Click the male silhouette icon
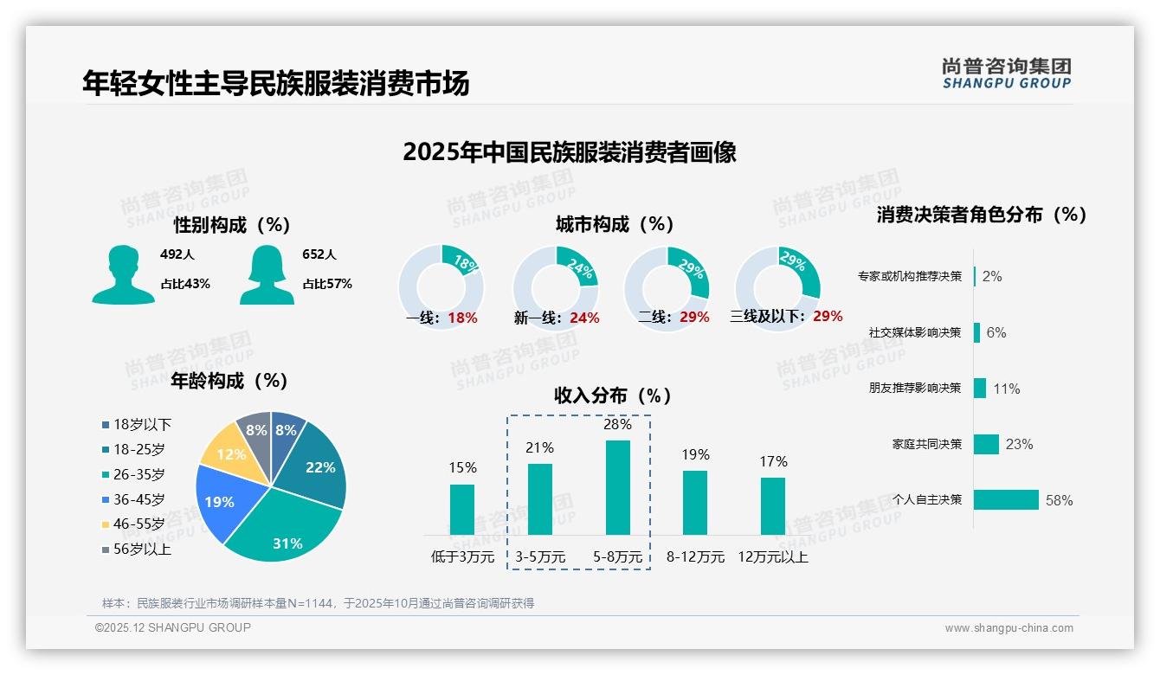click(124, 275)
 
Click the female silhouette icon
click(267, 275)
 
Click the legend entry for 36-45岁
click(138, 499)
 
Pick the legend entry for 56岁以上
click(141, 550)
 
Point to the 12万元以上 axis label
click(772, 557)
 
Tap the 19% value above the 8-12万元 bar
click(695, 454)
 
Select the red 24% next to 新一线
click(584, 318)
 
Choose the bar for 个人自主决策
click(1006, 499)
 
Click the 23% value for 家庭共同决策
click(1019, 444)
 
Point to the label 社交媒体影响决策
click(915, 332)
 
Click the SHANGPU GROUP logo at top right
click(1006, 74)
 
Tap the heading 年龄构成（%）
click(229, 381)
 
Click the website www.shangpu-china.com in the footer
click(1009, 628)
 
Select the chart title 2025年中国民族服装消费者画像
click(570, 152)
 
